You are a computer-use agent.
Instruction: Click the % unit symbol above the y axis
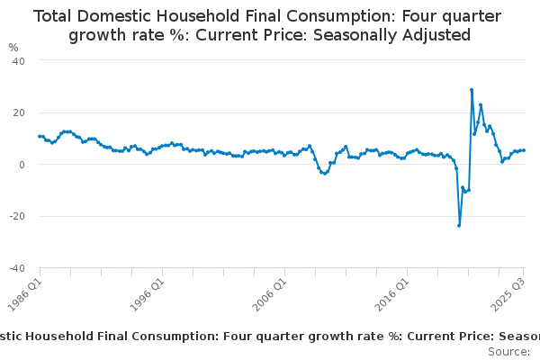[x=13, y=47]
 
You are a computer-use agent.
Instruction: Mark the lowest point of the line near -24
[x=459, y=225]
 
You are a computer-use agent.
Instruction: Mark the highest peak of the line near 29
[x=472, y=89]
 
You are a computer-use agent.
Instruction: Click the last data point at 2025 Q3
[x=524, y=150]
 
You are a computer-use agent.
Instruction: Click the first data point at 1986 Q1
[x=40, y=136]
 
